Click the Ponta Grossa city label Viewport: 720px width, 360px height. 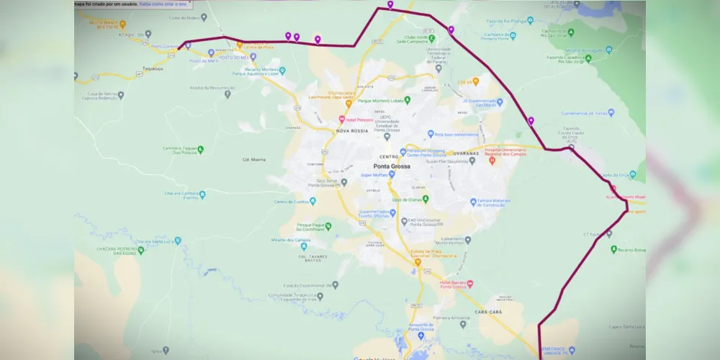pyautogui.click(x=392, y=166)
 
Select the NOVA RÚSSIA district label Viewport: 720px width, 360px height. pyautogui.click(x=351, y=132)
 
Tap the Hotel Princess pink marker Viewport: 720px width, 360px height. pyautogui.click(x=342, y=120)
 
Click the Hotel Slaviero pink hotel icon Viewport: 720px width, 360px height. pyautogui.click(x=470, y=283)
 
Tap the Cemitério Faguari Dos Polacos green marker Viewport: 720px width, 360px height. pyautogui.click(x=201, y=149)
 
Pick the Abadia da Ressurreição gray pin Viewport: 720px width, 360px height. pyautogui.click(x=228, y=94)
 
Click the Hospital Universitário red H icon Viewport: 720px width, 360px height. pyautogui.click(x=492, y=161)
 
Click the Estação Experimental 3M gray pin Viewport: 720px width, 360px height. pyautogui.click(x=335, y=285)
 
